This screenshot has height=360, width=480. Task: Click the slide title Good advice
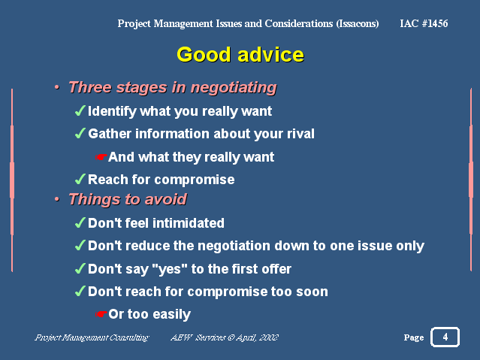[x=240, y=55]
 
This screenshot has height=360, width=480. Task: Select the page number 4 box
[x=445, y=337]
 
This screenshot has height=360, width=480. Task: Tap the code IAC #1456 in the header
[x=424, y=23]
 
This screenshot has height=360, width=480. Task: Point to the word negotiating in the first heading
[x=234, y=88]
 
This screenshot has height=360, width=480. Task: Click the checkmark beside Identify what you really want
[x=80, y=110]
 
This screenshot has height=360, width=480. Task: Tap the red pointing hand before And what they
[x=101, y=157]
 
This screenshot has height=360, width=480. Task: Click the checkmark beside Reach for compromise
[x=80, y=179]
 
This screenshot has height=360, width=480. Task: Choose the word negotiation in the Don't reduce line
[x=234, y=246]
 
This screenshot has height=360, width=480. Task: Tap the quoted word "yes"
[x=170, y=269]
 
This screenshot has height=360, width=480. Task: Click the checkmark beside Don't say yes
[x=80, y=268]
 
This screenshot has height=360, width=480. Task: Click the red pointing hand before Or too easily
[x=101, y=314]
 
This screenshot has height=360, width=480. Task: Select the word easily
[x=171, y=314]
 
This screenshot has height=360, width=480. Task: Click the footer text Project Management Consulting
[x=92, y=337]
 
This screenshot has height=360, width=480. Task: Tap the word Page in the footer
[x=414, y=337]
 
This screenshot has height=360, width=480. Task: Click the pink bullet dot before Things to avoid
[x=57, y=199]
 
